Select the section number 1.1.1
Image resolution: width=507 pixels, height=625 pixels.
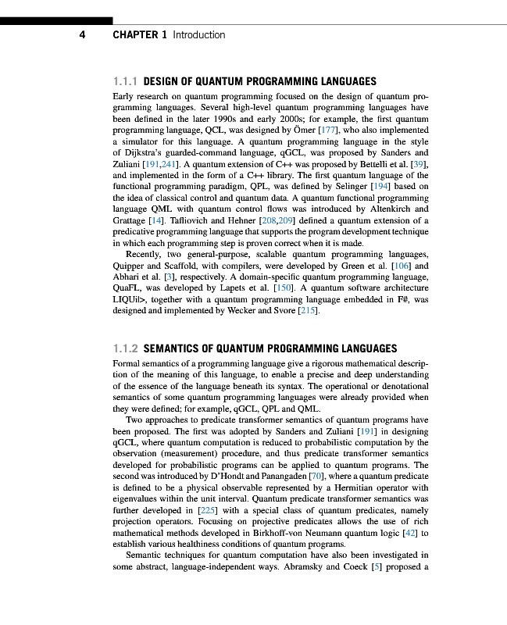[126, 81]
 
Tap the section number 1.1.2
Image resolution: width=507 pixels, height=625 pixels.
[126, 348]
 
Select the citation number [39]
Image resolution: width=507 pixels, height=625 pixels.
[420, 166]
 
